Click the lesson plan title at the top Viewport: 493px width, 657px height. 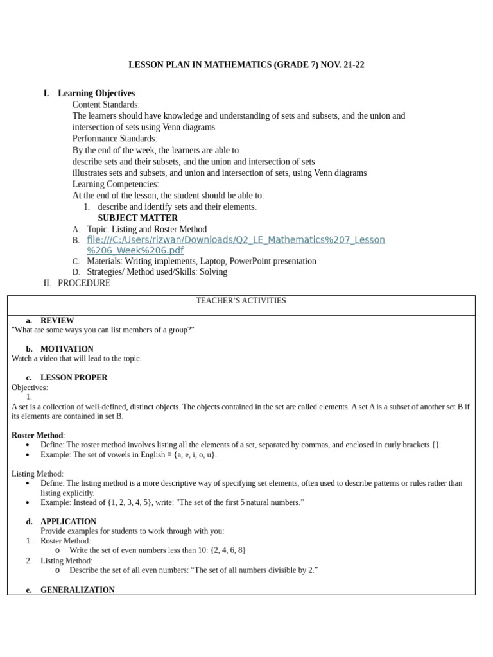[x=246, y=65]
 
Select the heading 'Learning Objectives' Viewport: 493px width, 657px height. [x=96, y=93]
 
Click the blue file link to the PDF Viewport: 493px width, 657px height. [x=236, y=244]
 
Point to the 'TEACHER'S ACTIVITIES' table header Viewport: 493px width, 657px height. [x=241, y=301]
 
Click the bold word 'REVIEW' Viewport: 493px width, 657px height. [x=57, y=320]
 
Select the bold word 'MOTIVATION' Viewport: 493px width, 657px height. [x=67, y=349]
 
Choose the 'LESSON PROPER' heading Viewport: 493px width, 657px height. [x=74, y=378]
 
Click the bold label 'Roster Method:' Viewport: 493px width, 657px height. [x=38, y=436]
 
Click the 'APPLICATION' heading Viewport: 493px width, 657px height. [x=68, y=522]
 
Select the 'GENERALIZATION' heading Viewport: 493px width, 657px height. [x=78, y=590]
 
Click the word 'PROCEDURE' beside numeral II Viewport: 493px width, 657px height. [x=84, y=283]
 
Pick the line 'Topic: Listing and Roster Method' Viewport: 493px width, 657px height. [x=147, y=229]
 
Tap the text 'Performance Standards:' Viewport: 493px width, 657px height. [x=114, y=139]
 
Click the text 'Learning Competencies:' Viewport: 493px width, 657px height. [x=116, y=184]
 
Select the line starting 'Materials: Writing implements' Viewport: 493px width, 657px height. [x=202, y=261]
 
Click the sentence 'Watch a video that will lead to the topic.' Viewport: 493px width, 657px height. [x=76, y=359]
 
